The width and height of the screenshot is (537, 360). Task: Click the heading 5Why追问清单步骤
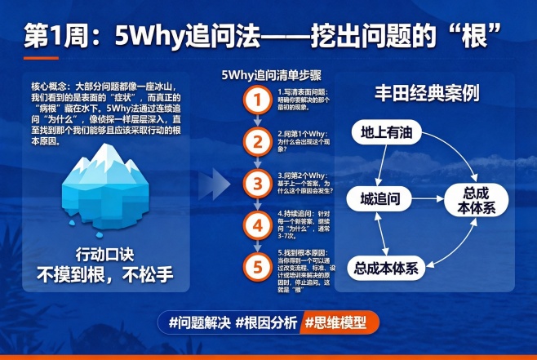click(x=262, y=75)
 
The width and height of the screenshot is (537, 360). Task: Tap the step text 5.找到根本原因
click(x=306, y=254)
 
